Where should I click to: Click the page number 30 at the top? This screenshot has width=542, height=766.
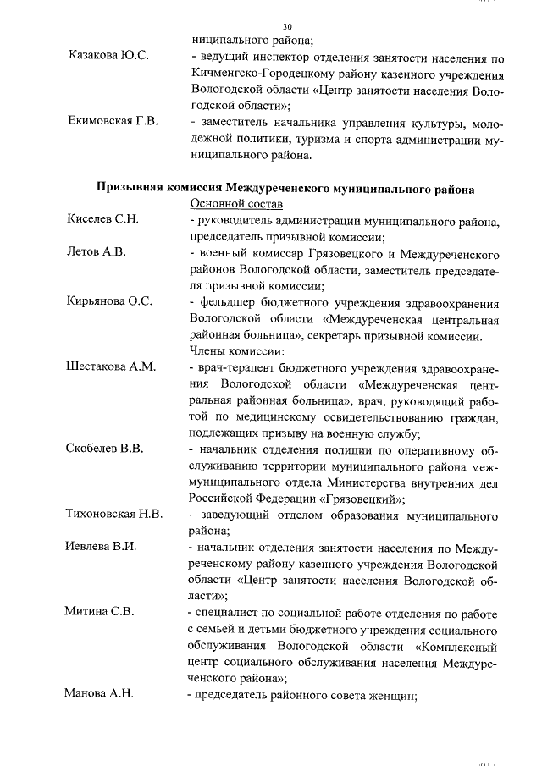(287, 26)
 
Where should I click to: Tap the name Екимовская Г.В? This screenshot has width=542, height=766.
(113, 121)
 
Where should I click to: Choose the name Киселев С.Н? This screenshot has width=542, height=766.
(102, 220)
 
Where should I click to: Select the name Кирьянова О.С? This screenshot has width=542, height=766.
(108, 302)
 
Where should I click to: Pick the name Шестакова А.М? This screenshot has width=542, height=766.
(110, 367)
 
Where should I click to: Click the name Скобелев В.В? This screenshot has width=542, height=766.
(104, 449)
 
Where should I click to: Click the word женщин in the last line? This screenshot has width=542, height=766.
(390, 695)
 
